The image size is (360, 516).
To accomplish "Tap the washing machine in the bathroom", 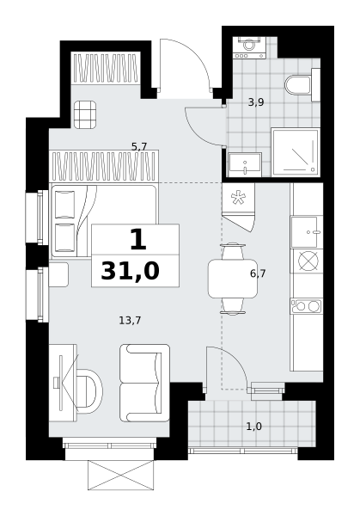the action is coord(249,47).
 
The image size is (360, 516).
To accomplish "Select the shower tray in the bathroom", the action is coord(296,152).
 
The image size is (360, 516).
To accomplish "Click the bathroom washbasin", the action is coord(245,164).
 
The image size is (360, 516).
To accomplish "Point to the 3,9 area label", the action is coord(256,102).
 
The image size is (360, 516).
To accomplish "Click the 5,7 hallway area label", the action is coord(139,146).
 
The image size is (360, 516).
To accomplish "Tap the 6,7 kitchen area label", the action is coord(258,273).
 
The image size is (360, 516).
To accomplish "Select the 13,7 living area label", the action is coord(130,320).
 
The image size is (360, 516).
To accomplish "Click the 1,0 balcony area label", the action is coord(253,427).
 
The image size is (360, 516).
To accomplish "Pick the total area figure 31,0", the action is coord(131,272).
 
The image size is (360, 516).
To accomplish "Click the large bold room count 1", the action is coord(138,240).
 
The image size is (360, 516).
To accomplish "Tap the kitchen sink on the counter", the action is coord(306,232).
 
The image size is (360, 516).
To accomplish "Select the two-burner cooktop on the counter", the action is coord(306,306).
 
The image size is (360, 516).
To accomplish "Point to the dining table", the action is coord(233,279).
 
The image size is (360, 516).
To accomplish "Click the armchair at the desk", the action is coord(89,391).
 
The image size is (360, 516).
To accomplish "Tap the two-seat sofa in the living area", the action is coord(144,383).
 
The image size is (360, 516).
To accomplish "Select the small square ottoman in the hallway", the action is coord(85,114).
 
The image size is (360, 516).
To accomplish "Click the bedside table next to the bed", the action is coord(58,274).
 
